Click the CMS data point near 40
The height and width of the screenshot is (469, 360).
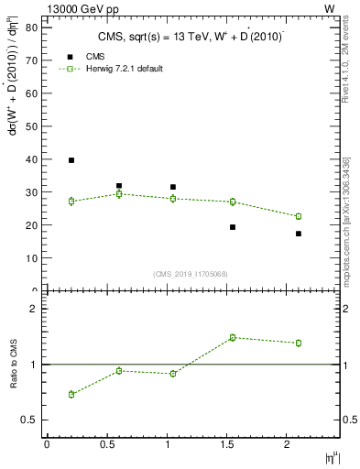71,160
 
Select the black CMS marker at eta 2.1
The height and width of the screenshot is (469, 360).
299,234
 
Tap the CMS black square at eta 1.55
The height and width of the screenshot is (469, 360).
233,227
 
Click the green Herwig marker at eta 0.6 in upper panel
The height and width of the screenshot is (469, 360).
119,194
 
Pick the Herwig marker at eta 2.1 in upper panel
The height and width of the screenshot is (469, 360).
299,216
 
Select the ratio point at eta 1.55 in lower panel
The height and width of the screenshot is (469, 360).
233,337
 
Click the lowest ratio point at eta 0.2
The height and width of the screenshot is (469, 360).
71,394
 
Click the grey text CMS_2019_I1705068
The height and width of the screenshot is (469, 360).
191,272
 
